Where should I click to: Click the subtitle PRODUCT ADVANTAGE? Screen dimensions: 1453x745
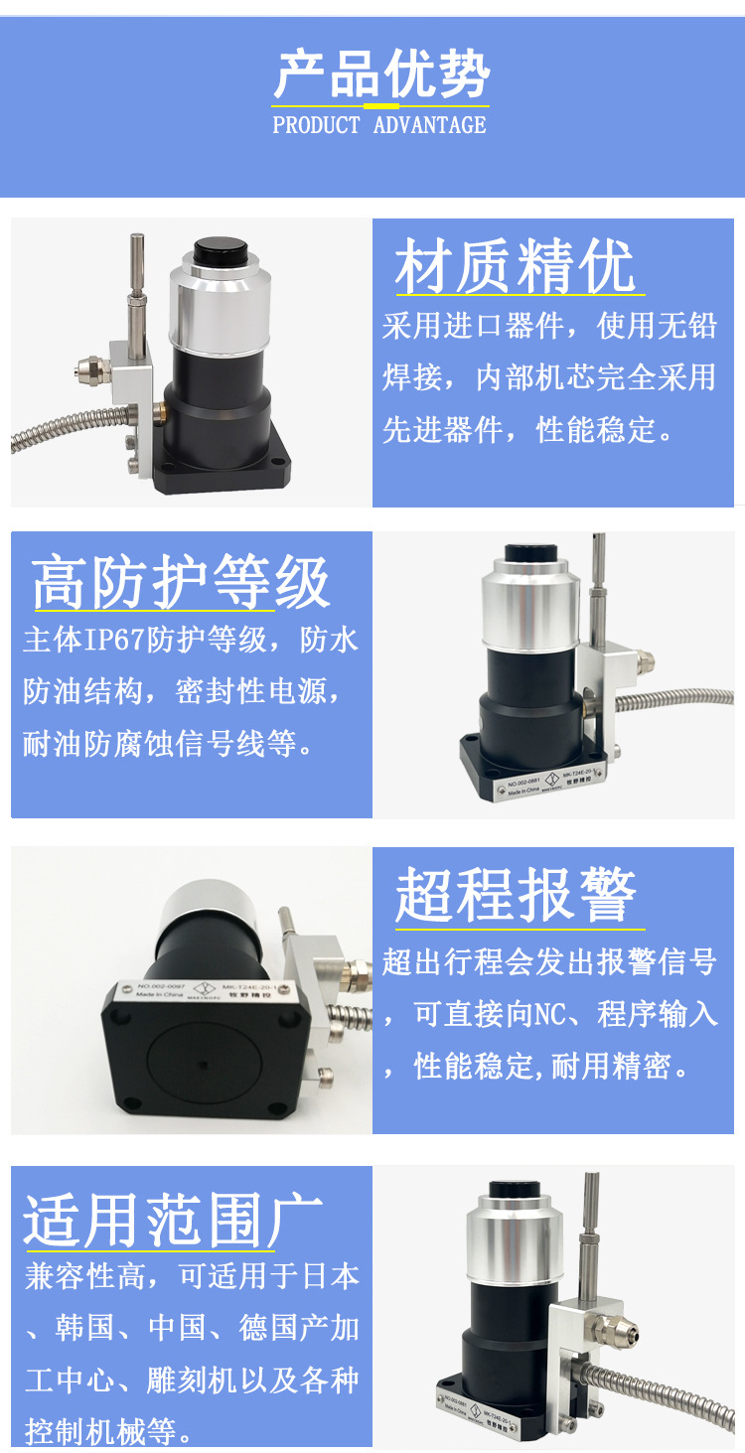(x=379, y=125)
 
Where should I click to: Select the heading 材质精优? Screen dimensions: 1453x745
(x=515, y=267)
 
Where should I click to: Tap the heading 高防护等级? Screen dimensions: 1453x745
(x=181, y=582)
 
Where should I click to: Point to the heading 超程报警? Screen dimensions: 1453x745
(x=516, y=895)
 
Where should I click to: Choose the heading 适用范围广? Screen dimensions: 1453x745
(x=174, y=1219)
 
